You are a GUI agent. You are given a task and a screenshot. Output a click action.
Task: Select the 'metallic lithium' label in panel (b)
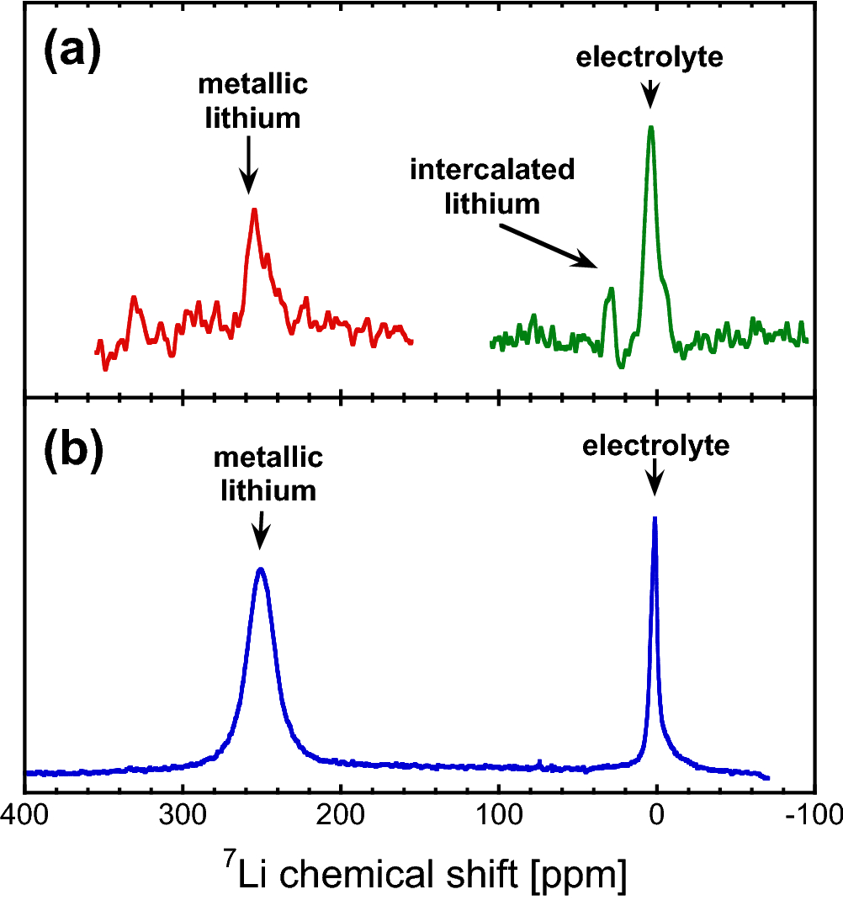(268, 474)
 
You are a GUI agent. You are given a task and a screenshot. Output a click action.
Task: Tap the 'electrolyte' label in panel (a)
(649, 58)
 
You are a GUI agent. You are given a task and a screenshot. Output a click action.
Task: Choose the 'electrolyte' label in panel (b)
(655, 446)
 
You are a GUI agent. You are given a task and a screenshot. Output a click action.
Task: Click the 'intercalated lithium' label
(492, 186)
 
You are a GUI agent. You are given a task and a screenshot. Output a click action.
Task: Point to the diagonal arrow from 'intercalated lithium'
(547, 246)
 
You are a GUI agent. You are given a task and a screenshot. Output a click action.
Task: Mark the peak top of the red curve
(253, 209)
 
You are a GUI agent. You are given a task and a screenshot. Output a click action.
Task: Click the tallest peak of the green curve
(650, 127)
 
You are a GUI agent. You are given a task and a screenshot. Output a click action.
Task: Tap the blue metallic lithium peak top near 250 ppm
(261, 569)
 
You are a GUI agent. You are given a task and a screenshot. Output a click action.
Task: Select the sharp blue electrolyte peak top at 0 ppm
(655, 518)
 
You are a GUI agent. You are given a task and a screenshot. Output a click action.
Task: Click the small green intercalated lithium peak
(612, 289)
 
